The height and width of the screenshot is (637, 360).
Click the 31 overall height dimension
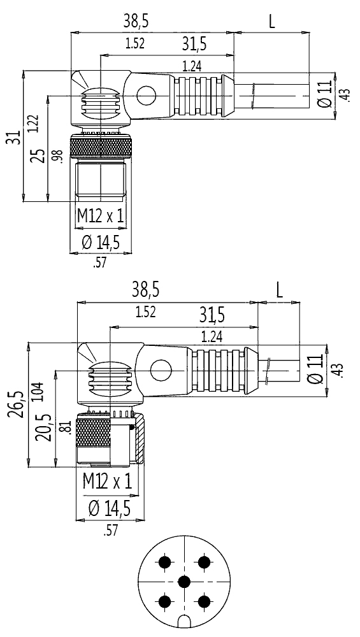pyautogui.click(x=15, y=138)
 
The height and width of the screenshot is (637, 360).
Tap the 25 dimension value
pyautogui.click(x=39, y=155)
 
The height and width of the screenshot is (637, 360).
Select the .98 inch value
pyautogui.click(x=58, y=156)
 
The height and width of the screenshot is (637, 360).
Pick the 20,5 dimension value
pyautogui.click(x=43, y=427)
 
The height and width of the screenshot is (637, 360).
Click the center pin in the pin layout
pyautogui.click(x=185, y=582)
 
